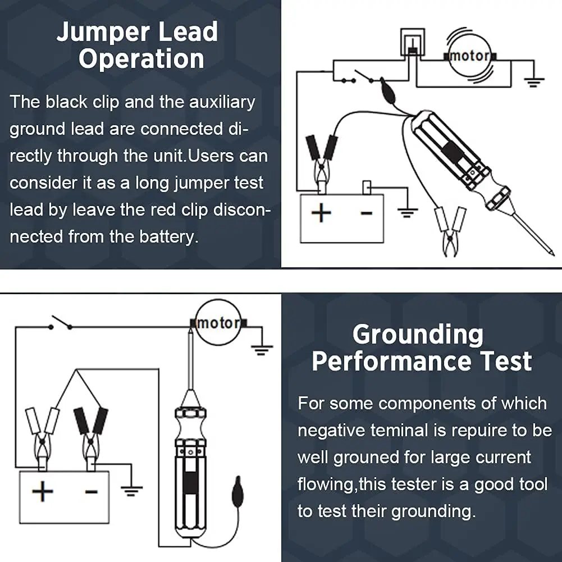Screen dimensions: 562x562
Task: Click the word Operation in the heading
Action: tap(141, 58)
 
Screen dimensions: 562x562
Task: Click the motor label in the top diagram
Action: tap(469, 56)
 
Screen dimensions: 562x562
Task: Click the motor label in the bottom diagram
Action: tap(218, 323)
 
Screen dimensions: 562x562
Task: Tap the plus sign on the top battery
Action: tap(321, 213)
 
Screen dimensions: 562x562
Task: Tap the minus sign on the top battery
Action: tap(366, 213)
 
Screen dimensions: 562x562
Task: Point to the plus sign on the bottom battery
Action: tap(43, 491)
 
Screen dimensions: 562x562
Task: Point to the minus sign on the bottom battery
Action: tap(91, 491)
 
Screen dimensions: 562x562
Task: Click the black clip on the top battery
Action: tap(322, 161)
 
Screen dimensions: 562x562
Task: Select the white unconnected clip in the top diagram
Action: tap(450, 231)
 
